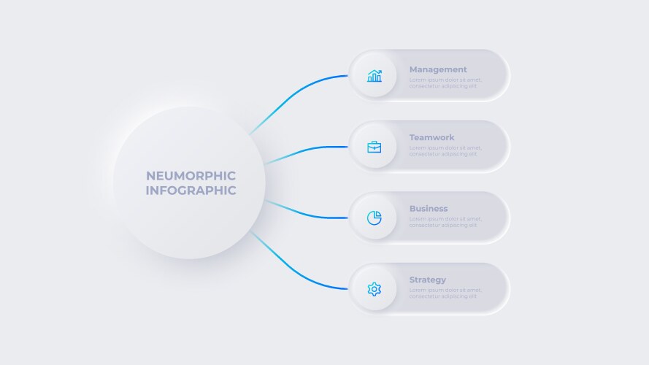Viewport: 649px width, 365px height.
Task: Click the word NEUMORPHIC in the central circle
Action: [191, 176]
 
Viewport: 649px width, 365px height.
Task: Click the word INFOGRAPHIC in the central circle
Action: [191, 191]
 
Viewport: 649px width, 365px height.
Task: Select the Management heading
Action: [438, 70]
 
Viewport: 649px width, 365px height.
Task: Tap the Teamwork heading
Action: [431, 137]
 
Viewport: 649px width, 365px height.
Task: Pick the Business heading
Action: [429, 209]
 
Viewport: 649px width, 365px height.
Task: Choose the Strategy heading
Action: [428, 280]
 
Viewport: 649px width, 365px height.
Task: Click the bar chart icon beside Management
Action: [375, 76]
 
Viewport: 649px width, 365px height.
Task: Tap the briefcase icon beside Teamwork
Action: [375, 147]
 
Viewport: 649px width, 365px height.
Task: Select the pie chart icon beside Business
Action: [375, 218]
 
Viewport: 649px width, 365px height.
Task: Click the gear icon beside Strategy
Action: [375, 289]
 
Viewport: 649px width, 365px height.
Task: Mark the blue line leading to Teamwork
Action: [307, 150]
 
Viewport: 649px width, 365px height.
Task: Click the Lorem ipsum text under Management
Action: [445, 82]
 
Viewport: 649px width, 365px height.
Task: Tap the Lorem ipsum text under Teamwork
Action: [445, 151]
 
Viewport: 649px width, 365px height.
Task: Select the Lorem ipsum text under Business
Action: [445, 222]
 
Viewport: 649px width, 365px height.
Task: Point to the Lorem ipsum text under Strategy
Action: [445, 293]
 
